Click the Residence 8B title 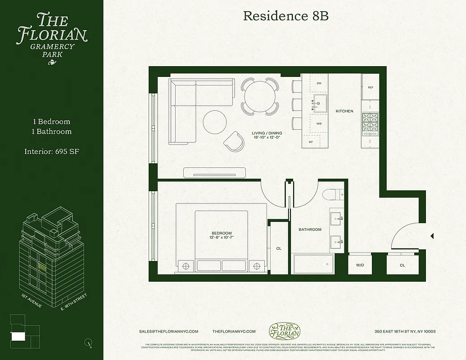(x=285, y=16)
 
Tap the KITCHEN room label (x=344, y=111)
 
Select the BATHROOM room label (x=310, y=229)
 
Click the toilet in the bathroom (x=332, y=194)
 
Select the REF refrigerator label (x=371, y=88)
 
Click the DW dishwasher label (x=319, y=83)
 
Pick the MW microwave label (x=319, y=123)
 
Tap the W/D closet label (x=360, y=265)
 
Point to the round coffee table (x=215, y=122)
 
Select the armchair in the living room (x=235, y=141)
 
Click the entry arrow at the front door (x=432, y=236)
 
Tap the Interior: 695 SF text (x=52, y=152)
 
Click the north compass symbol (x=88, y=342)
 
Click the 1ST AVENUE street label (x=32, y=301)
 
